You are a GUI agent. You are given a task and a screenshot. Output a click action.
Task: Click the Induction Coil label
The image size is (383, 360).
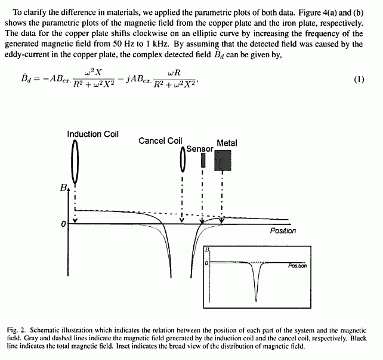pos(92,134)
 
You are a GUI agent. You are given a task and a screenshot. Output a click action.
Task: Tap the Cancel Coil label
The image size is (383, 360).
pos(160,141)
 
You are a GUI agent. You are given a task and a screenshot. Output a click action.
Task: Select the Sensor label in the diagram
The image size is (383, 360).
pos(199,148)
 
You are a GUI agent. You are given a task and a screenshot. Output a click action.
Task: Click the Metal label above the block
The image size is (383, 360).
pos(227,143)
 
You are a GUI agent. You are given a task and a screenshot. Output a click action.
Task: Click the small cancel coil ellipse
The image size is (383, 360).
pos(183,160)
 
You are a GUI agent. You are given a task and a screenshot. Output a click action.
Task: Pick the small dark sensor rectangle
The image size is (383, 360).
pos(203,160)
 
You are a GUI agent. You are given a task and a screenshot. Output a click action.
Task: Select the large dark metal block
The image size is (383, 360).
pos(223,160)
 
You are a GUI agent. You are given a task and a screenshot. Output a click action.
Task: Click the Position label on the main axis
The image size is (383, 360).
pos(283,231)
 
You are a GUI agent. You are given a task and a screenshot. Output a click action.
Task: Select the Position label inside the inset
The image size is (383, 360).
pos(297,266)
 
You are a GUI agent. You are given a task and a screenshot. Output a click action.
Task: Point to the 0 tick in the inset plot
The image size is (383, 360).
pos(206,263)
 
